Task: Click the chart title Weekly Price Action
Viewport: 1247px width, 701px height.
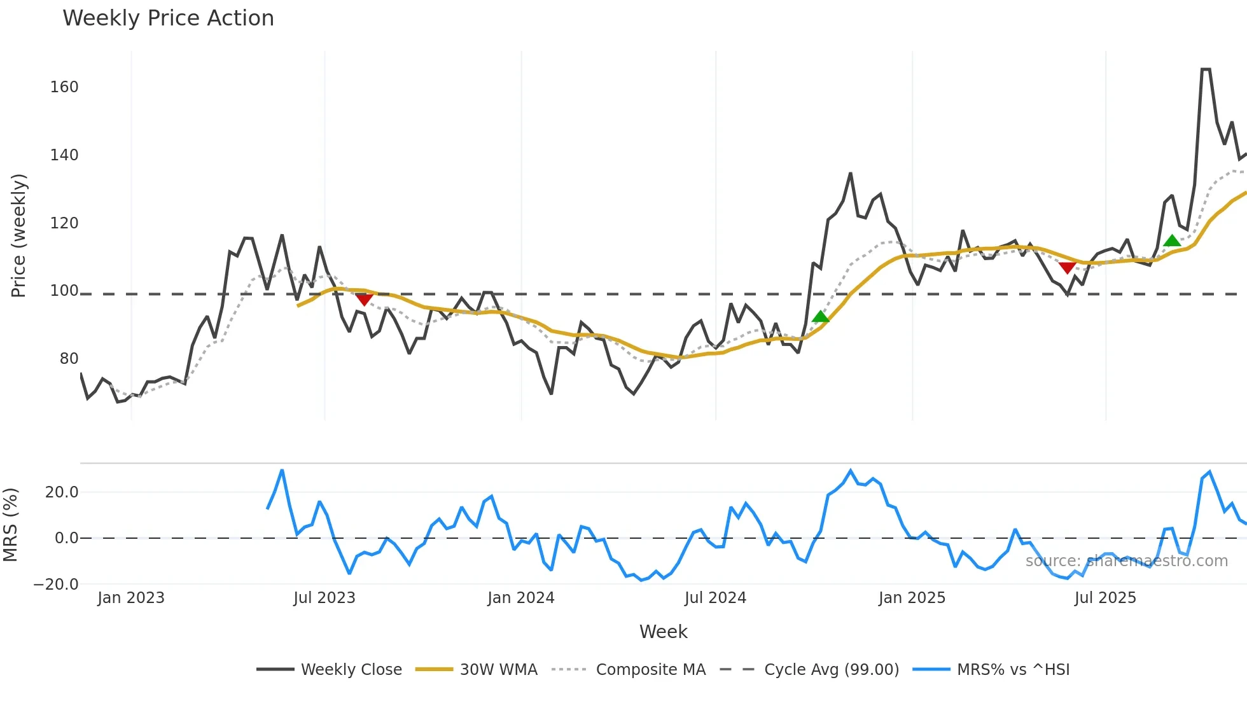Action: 168,18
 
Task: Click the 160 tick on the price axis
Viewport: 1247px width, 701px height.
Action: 64,87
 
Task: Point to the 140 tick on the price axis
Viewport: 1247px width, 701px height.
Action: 64,155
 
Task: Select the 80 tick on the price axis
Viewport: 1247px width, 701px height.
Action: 69,359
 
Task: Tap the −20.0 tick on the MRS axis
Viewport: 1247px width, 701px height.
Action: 56,585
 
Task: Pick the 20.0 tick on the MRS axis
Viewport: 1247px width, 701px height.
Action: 62,492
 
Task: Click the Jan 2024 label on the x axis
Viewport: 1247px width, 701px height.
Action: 521,598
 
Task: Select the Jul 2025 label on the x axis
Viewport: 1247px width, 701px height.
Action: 1105,598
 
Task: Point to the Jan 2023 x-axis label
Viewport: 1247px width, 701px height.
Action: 131,598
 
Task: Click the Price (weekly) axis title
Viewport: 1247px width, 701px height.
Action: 19,235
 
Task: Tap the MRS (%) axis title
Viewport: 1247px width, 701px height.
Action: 11,525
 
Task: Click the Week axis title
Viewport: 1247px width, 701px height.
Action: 663,632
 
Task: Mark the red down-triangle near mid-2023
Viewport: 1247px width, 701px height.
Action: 364,300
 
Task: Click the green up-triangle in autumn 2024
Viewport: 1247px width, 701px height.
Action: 821,317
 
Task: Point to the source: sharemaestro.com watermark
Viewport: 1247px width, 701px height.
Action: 1126,561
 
